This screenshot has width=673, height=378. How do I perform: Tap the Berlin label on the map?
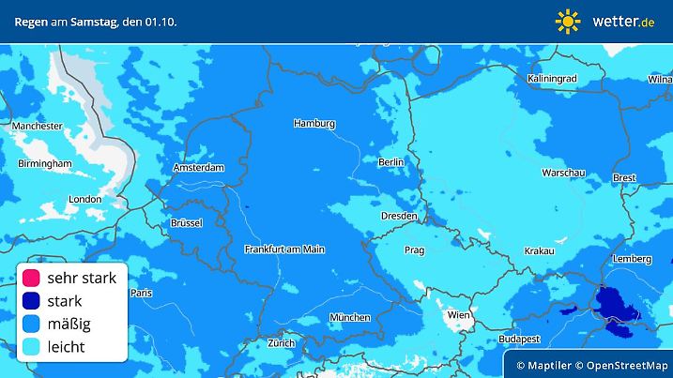coord(390,161)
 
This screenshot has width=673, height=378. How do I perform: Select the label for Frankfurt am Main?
coord(283,249)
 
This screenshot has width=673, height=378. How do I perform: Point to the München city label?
coord(349,317)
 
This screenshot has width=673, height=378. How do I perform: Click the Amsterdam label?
coord(198,168)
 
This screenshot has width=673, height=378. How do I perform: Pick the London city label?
coord(84,199)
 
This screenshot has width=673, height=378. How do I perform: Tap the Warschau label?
coord(563,173)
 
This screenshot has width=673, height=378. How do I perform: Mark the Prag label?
coord(415,250)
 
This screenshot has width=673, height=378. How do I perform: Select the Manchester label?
coord(37,126)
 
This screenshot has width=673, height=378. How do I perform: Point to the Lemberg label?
coord(632,259)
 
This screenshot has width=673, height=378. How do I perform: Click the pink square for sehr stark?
coord(30,278)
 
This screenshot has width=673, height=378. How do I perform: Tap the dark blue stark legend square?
coord(30,301)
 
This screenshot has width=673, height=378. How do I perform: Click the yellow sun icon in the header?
coord(568,20)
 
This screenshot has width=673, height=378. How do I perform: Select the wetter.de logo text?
coord(623,20)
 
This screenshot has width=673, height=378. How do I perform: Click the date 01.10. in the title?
coord(159,20)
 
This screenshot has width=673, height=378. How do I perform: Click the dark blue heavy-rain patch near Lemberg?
coord(617,306)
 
